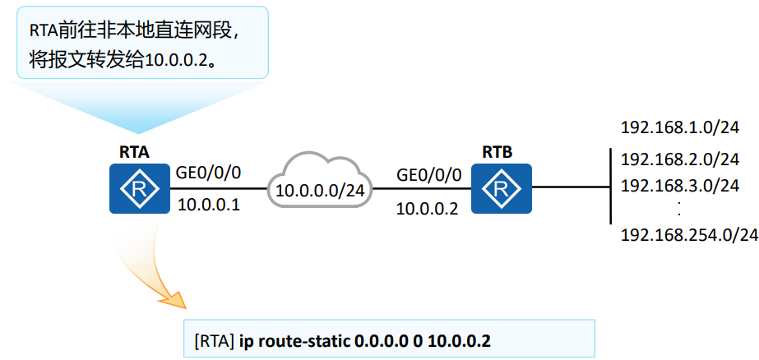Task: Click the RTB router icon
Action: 501,189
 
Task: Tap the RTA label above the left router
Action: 135,151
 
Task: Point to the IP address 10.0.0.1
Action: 209,205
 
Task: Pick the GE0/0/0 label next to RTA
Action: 209,174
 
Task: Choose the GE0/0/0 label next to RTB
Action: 428,175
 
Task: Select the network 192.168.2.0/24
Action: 679,159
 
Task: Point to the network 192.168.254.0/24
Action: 688,236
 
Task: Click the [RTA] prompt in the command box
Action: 214,340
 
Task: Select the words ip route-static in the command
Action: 294,340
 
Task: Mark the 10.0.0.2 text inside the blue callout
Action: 178,62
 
